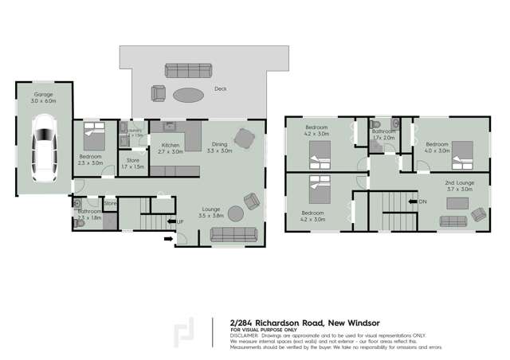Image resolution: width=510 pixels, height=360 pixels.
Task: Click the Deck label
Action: pos(220,90)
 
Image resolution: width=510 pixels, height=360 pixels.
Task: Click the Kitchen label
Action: pos(170,145)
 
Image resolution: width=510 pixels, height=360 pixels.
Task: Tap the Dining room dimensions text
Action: pos(219,151)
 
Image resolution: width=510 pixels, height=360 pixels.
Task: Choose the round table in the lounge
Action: pos(236,213)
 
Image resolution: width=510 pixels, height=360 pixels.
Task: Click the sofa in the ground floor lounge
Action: pos(233,234)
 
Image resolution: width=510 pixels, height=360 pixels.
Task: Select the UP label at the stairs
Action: pos(180,221)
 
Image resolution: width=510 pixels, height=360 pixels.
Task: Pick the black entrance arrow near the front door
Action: pos(168,237)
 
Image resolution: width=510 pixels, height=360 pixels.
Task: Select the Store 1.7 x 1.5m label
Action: pos(133,163)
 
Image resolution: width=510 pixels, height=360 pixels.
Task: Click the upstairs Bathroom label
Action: pos(384,131)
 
